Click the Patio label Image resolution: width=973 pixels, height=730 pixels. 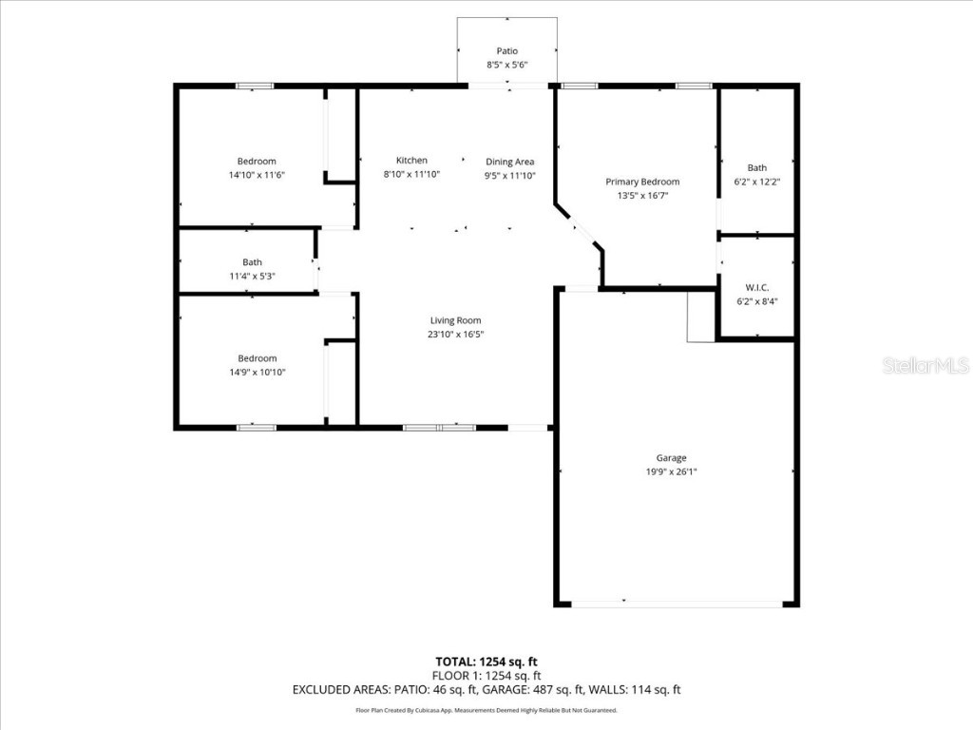click(x=507, y=51)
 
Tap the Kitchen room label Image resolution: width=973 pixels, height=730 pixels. click(x=411, y=161)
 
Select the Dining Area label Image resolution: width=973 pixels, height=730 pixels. click(x=510, y=162)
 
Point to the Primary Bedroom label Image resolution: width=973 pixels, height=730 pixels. click(x=642, y=182)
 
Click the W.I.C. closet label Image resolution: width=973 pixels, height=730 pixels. click(x=756, y=287)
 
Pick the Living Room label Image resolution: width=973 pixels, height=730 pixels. click(x=455, y=320)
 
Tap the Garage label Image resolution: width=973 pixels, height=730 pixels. click(x=671, y=457)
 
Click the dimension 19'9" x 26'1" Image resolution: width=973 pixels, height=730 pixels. click(x=671, y=471)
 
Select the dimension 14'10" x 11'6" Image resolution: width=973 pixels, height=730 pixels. click(x=257, y=175)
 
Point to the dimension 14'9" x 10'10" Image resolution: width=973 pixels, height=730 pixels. click(x=257, y=373)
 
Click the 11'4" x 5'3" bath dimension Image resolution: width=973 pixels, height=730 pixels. click(x=252, y=276)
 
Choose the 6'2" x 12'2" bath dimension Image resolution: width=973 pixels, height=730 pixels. click(x=756, y=181)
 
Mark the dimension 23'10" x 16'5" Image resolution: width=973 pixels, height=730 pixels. click(x=455, y=334)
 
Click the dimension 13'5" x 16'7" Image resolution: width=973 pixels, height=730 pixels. click(x=642, y=196)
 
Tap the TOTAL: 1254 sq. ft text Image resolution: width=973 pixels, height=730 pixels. click(x=486, y=662)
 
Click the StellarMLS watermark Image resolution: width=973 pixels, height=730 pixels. click(x=925, y=366)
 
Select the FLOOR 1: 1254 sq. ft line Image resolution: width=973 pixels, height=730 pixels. click(x=486, y=676)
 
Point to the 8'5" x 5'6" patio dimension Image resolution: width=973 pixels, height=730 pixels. click(x=507, y=66)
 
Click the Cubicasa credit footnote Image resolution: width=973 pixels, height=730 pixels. click(x=486, y=710)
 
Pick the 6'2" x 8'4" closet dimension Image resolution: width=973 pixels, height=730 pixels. click(x=756, y=301)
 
